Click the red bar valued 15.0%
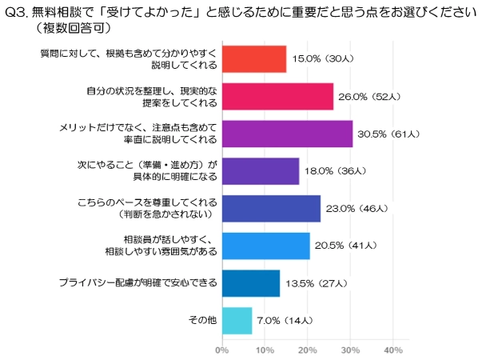tap(253, 59)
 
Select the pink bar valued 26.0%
tap(277, 96)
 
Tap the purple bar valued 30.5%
tap(286, 134)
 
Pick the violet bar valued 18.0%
tap(260, 171)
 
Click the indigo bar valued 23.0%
tap(270, 208)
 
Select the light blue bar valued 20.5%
tap(265, 246)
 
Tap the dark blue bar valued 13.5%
tap(250, 283)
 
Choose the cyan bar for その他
tap(236, 320)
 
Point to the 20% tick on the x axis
tap(307, 350)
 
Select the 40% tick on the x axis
tap(392, 350)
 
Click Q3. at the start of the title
tap(17, 13)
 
